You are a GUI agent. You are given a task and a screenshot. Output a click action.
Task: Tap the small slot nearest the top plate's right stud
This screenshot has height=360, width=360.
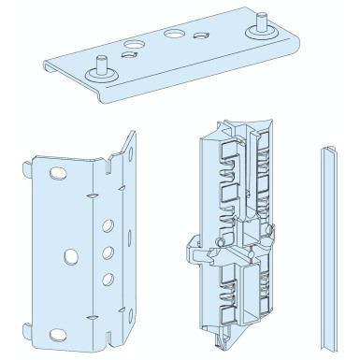[x=200, y=36]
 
